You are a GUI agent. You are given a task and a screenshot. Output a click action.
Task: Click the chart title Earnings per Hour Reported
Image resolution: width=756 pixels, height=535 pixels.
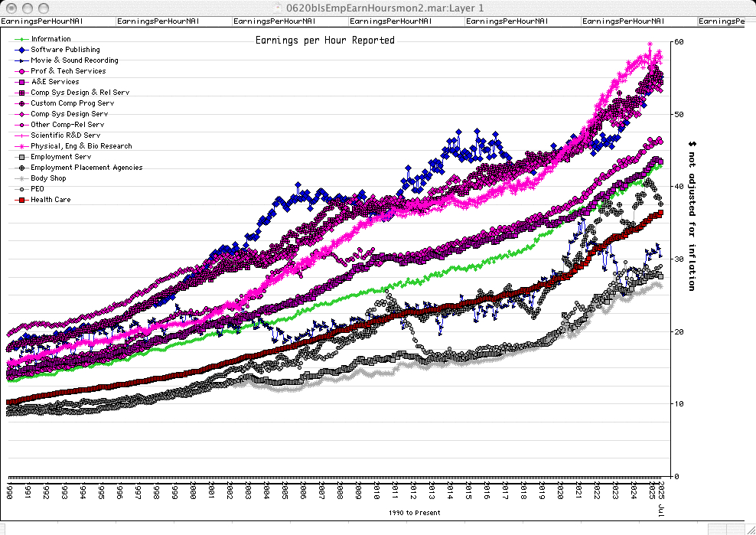point(324,40)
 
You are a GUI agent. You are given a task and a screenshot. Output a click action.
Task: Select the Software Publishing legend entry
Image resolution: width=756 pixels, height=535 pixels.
point(65,50)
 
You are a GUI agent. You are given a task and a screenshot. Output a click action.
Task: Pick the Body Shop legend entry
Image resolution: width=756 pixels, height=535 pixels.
point(48,178)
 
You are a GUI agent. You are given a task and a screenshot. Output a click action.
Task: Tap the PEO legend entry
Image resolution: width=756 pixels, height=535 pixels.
point(37,189)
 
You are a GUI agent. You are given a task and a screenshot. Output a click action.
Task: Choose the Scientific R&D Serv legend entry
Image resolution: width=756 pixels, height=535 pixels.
point(65,135)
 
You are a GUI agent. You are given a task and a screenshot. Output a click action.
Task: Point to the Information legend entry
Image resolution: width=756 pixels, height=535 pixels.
point(51,39)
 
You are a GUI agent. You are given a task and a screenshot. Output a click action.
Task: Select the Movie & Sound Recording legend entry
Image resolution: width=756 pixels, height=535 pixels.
point(74,60)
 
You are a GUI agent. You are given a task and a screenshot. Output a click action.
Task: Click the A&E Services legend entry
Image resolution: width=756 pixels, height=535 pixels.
point(54,82)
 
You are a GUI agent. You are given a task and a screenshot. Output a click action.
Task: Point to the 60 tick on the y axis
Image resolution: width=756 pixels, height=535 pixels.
point(678,42)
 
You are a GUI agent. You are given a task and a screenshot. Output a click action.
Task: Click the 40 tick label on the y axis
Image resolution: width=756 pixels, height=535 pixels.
point(678,187)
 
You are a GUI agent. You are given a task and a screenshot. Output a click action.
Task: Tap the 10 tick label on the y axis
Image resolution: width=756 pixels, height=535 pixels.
point(678,404)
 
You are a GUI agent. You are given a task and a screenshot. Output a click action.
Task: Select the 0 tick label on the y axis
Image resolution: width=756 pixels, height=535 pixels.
point(676,476)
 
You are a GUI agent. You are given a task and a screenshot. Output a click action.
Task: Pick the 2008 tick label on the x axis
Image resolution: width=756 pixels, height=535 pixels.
point(340,490)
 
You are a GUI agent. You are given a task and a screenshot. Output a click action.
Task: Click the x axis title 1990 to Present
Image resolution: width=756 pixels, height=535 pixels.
point(414,513)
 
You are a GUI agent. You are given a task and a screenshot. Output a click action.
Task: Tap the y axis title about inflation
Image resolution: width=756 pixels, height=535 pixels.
point(692,215)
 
